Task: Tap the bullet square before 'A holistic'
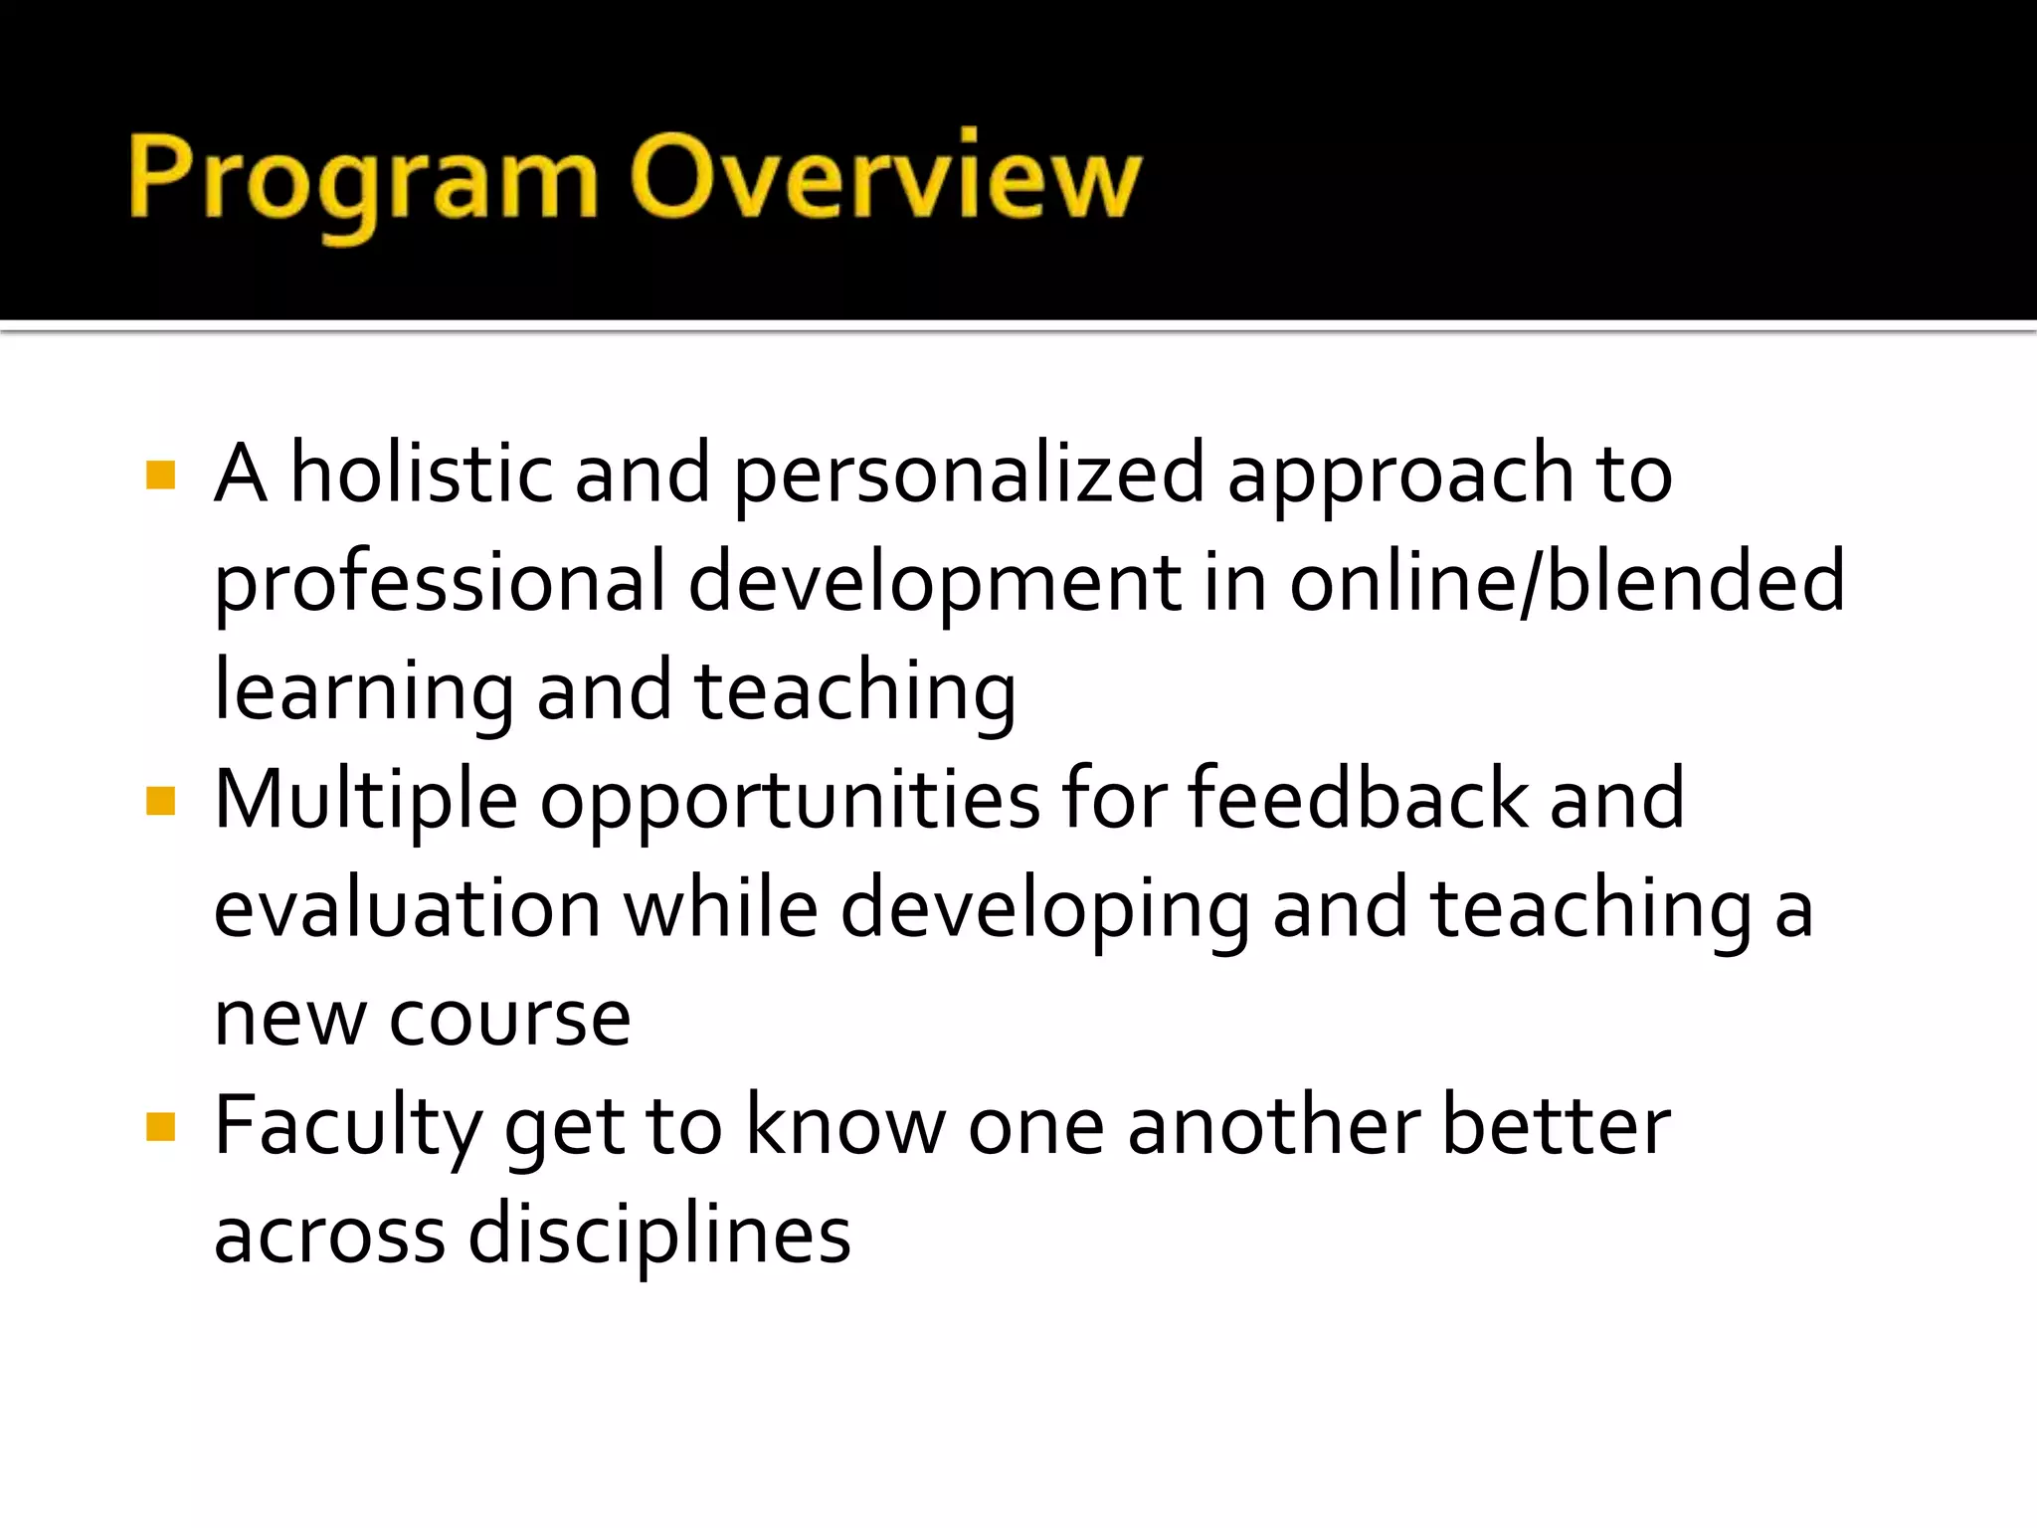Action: pos(160,476)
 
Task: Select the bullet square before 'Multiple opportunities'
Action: pos(160,801)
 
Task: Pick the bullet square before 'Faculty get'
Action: pos(160,1127)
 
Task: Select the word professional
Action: pos(440,585)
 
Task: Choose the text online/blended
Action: pos(1568,583)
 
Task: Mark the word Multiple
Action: pos(366,802)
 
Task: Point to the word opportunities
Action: pos(790,802)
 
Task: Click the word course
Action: pos(509,1020)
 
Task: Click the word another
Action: pos(1273,1127)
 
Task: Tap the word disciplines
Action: pos(659,1237)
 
